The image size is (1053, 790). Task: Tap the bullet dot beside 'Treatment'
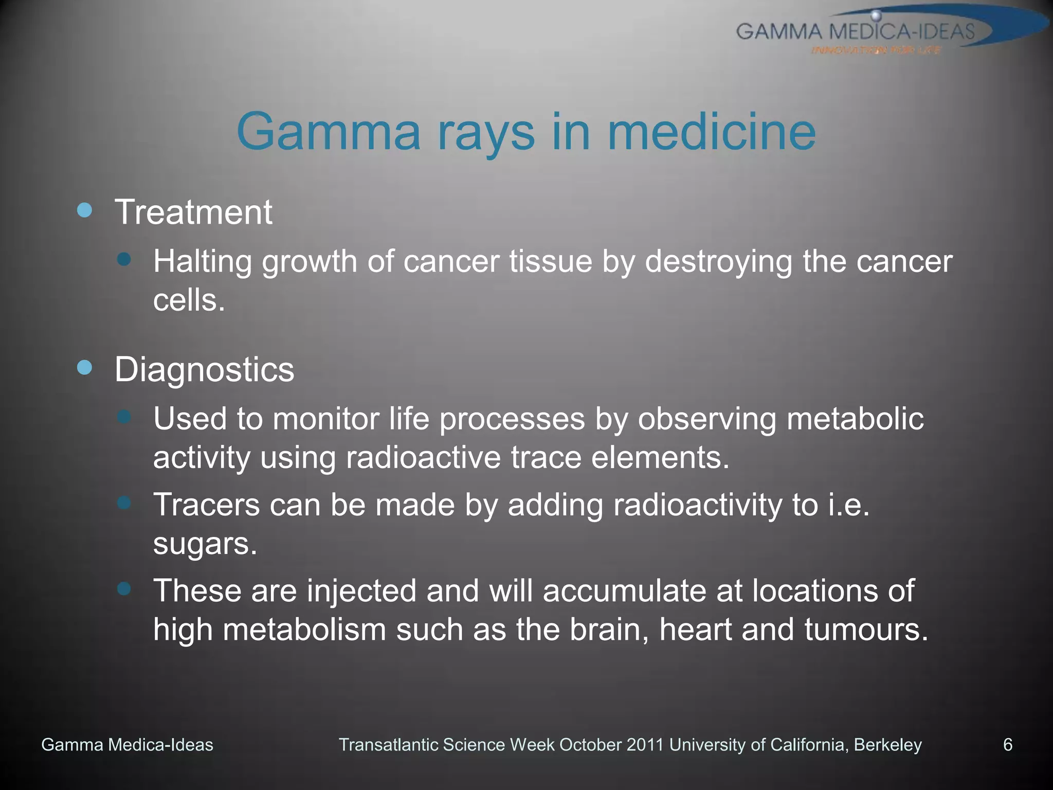[x=84, y=210]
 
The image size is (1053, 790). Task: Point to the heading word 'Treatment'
[x=193, y=212]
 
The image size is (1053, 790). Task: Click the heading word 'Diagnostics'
[x=204, y=369]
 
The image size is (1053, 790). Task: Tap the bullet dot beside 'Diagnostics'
[x=84, y=367]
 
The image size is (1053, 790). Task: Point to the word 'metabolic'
[x=855, y=419]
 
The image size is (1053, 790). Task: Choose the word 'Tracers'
[x=207, y=505]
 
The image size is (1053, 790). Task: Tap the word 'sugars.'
[x=205, y=545]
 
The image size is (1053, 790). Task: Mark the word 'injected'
[x=361, y=590]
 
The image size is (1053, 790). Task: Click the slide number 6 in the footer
[x=1008, y=745]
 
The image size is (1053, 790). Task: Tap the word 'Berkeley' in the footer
[x=888, y=745]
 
